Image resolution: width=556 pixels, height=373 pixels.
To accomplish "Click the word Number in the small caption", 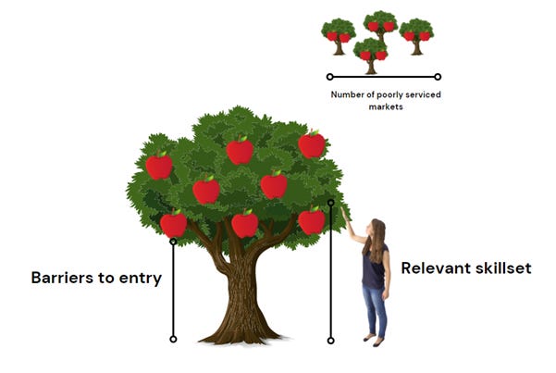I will click(x=347, y=94).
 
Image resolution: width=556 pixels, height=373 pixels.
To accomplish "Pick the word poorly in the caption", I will click(x=389, y=94).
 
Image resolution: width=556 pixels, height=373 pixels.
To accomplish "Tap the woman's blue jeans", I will click(x=375, y=310).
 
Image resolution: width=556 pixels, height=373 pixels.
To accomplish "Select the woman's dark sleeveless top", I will click(x=373, y=270).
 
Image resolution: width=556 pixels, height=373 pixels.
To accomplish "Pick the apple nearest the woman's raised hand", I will click(x=312, y=221).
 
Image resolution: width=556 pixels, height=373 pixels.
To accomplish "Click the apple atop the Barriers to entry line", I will click(x=173, y=224).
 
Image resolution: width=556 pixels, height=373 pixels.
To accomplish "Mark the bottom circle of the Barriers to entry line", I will click(x=173, y=340).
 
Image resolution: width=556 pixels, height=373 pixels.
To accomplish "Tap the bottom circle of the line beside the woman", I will click(x=330, y=341).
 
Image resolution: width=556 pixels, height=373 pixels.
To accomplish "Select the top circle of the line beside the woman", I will click(x=330, y=202).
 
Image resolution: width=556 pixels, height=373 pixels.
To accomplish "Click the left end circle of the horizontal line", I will click(x=329, y=77).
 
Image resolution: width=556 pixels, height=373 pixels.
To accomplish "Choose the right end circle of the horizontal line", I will click(x=438, y=77).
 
